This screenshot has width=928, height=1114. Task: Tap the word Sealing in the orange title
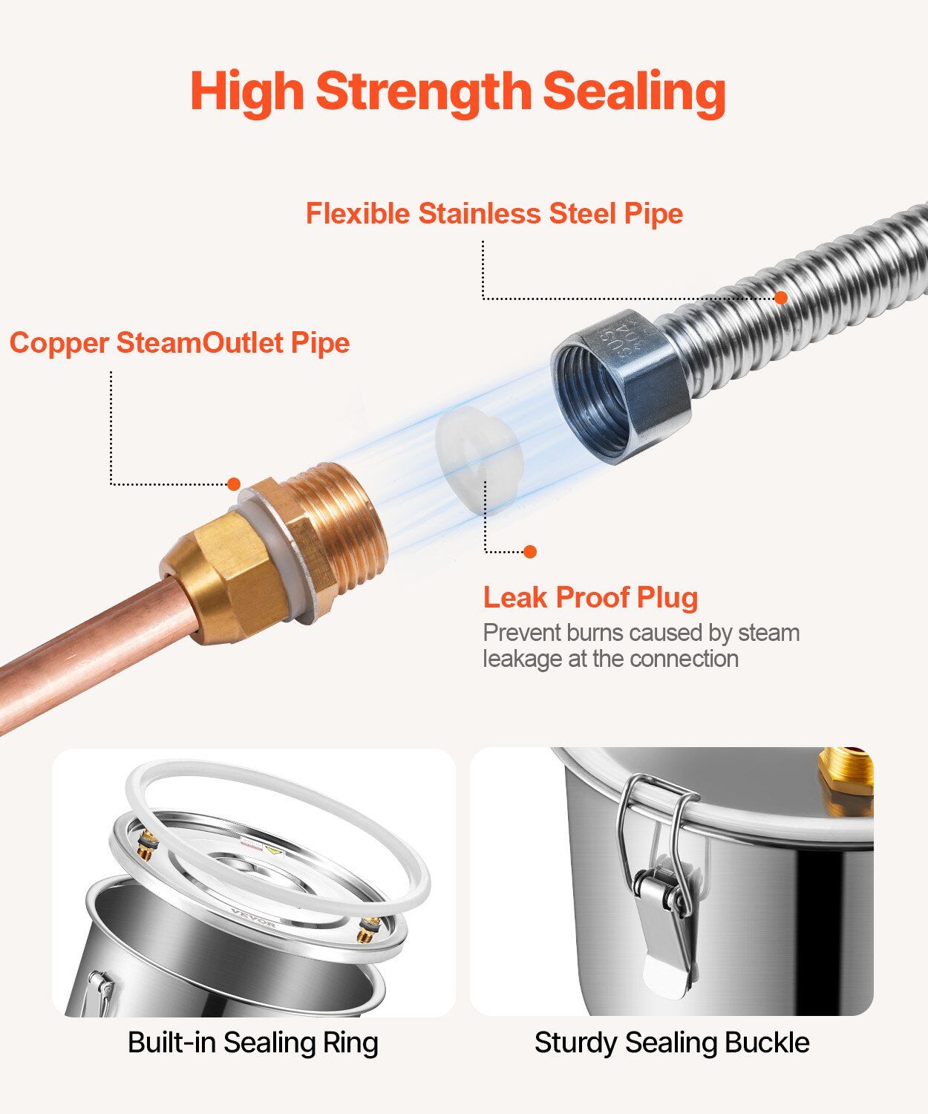[635, 92]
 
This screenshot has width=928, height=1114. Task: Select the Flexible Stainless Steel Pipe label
[494, 214]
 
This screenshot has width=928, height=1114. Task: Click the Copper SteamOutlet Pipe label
[180, 342]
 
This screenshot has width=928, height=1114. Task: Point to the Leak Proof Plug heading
[590, 598]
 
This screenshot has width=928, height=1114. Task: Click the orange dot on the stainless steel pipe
[781, 297]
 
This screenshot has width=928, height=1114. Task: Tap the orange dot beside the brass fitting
[234, 484]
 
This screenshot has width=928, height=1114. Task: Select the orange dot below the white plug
[529, 552]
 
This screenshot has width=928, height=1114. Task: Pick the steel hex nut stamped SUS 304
[621, 387]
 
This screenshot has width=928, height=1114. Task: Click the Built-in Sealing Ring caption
[253, 1042]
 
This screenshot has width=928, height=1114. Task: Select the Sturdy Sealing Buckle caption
[672, 1042]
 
